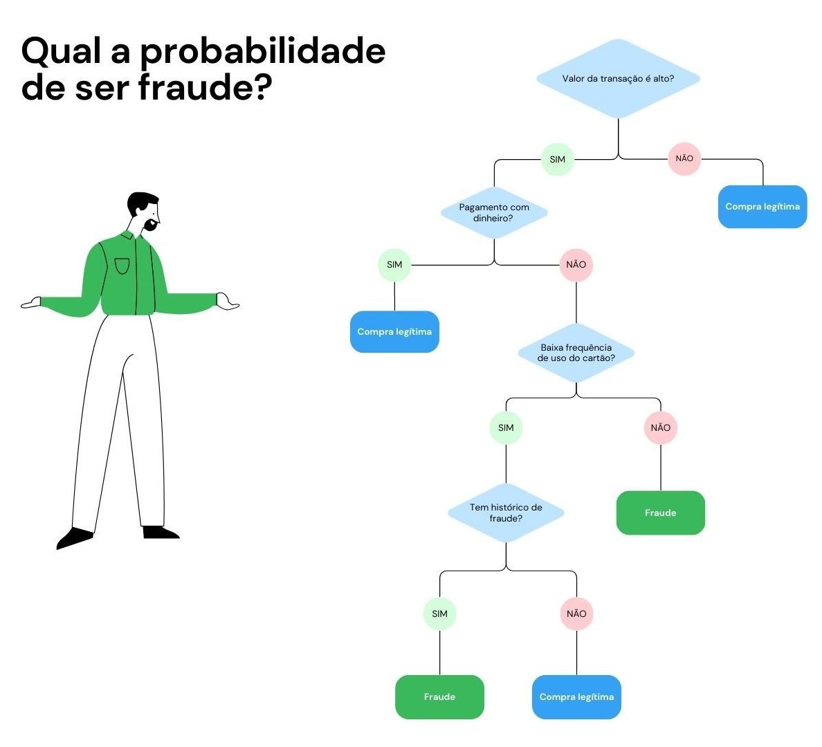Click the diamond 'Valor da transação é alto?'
[x=618, y=79]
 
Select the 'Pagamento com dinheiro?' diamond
[x=494, y=212]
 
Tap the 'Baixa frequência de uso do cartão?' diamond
[x=576, y=353]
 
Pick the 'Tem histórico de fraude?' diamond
[x=506, y=513]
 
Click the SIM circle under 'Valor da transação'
[x=558, y=159]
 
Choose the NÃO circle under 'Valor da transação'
[x=684, y=158]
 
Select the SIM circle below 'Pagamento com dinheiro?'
[x=394, y=265]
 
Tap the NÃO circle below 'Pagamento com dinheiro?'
[x=576, y=265]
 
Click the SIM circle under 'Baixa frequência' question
[x=506, y=427]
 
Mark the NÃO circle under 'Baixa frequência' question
[x=661, y=427]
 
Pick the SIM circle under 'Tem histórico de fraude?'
[x=439, y=614]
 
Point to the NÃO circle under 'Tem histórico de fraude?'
[x=576, y=614]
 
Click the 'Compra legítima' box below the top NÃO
[x=762, y=207]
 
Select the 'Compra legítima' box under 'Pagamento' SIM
[x=394, y=332]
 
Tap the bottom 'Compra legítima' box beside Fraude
[x=576, y=697]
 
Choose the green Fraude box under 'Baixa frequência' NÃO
[x=661, y=513]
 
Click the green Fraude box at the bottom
[x=439, y=697]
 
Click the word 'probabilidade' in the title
[x=263, y=53]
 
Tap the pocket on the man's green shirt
[x=122, y=266]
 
